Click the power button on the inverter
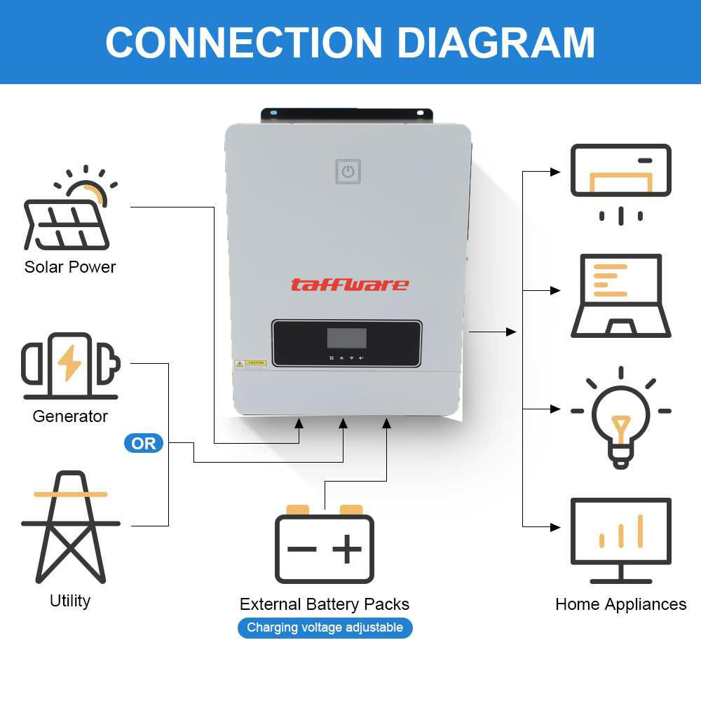348,171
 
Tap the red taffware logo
349,285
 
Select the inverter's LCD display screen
347,338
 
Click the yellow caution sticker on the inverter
250,364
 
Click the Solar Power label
69,267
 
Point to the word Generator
70,416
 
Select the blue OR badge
143,443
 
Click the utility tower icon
70,526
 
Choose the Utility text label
70,601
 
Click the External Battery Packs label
324,604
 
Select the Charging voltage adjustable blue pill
325,627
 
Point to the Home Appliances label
620,604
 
